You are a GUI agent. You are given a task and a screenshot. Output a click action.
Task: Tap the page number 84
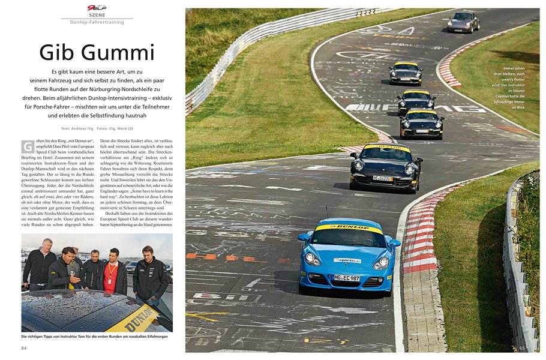(24, 347)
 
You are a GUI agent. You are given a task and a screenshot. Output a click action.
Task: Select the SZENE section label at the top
(97, 15)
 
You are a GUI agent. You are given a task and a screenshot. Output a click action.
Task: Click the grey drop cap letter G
(27, 146)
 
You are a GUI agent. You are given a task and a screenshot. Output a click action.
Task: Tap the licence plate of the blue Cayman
(347, 278)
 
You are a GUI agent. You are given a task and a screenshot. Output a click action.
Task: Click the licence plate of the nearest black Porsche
(382, 178)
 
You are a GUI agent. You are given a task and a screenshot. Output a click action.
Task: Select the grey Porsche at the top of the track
(463, 22)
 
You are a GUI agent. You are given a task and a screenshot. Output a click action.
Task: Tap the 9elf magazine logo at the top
(97, 7)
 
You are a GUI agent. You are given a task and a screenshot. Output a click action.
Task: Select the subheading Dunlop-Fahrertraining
(97, 22)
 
